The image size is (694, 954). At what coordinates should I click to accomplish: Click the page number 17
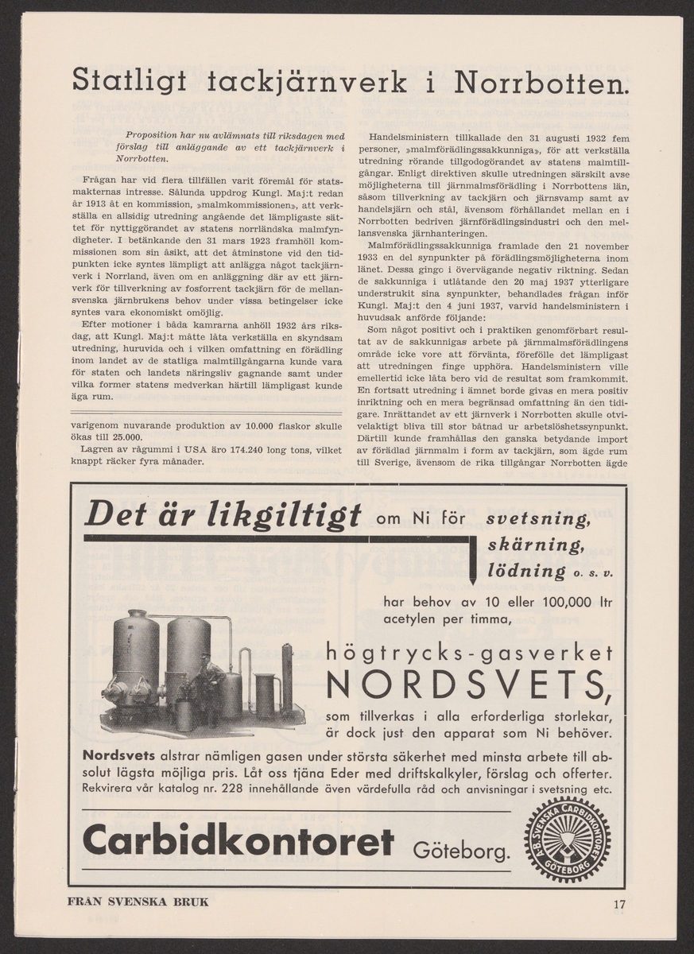(620, 903)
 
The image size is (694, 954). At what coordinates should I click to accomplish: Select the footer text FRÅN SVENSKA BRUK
(140, 902)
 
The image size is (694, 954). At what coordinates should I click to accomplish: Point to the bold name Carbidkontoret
(238, 841)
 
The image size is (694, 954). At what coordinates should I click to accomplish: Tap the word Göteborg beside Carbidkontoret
(460, 852)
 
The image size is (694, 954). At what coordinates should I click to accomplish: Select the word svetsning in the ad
(537, 520)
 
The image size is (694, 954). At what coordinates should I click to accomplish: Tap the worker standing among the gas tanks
(211, 680)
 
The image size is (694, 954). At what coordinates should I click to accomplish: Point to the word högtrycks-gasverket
(470, 653)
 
